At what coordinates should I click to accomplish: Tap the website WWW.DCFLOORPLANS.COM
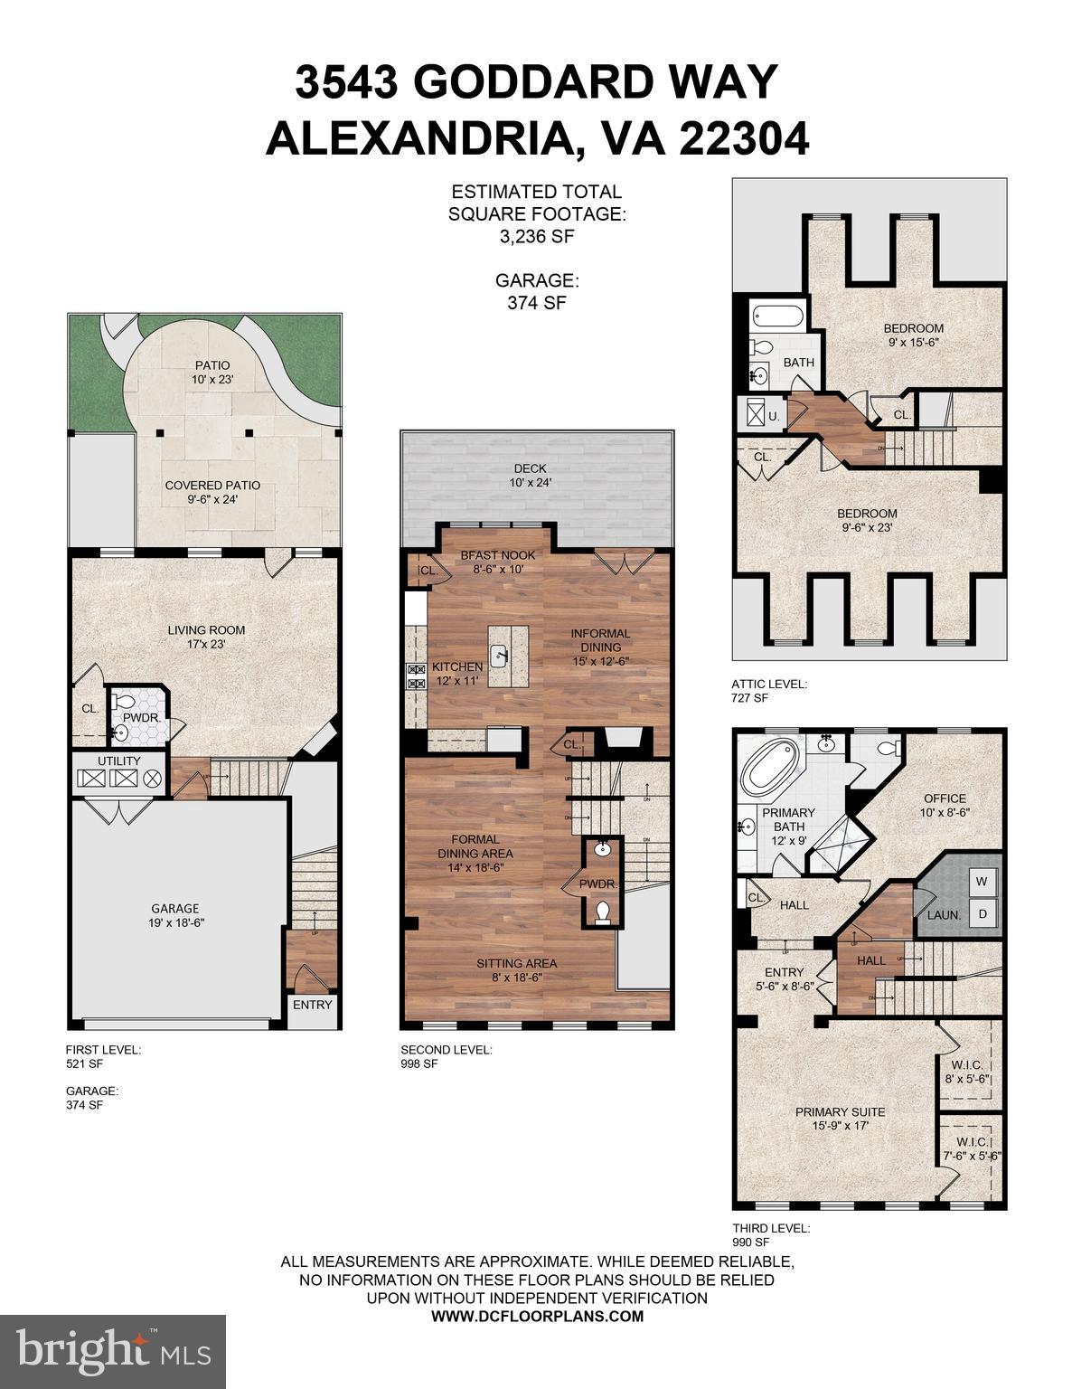pyautogui.click(x=537, y=1316)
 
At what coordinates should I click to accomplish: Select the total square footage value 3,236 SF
pyautogui.click(x=536, y=237)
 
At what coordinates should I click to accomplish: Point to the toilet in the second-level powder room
pyautogui.click(x=603, y=912)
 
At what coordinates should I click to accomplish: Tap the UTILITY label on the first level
pyautogui.click(x=119, y=761)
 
